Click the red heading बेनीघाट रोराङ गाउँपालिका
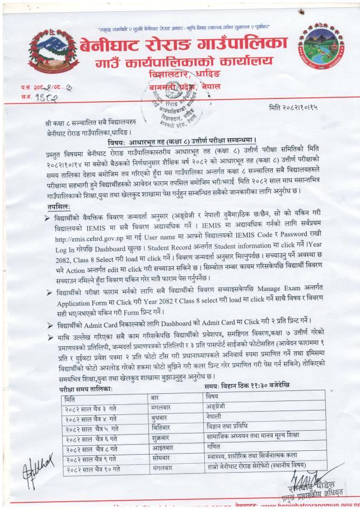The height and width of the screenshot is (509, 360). [x=183, y=43]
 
